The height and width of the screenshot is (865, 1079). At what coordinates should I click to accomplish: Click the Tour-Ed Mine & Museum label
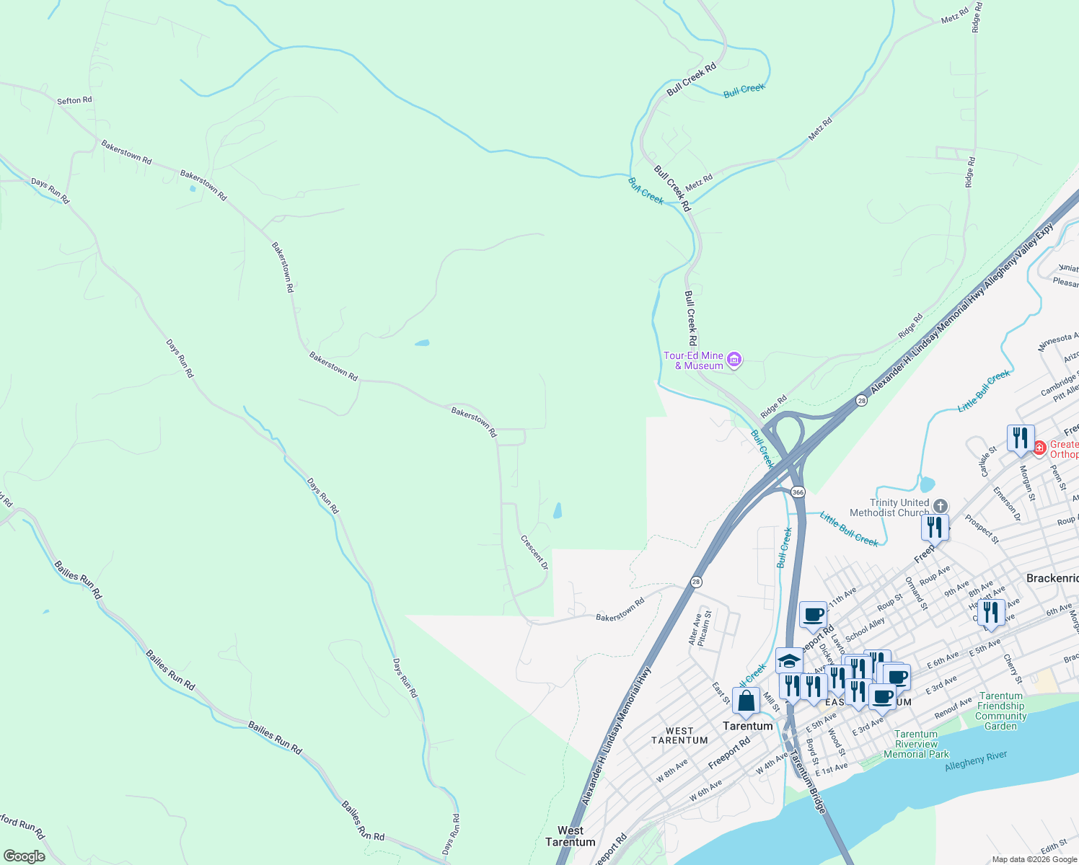pyautogui.click(x=693, y=360)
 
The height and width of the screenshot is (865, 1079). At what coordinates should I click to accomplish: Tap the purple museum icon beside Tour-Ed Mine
pyautogui.click(x=734, y=359)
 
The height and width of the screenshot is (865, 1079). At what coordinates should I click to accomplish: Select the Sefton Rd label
pyautogui.click(x=74, y=100)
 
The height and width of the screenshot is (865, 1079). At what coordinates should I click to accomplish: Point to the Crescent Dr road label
pyautogui.click(x=534, y=552)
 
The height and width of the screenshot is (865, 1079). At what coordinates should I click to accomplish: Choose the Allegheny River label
pyautogui.click(x=975, y=761)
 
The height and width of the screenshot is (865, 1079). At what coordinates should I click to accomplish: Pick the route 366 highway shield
pyautogui.click(x=797, y=492)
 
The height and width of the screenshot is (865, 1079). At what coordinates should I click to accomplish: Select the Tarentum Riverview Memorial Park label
pyautogui.click(x=916, y=744)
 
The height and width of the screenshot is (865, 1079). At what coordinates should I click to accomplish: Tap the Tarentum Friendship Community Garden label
pyautogui.click(x=1000, y=711)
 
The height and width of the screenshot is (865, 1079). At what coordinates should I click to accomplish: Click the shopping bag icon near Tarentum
pyautogui.click(x=746, y=700)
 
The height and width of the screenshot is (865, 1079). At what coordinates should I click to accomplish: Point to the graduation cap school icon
pyautogui.click(x=789, y=661)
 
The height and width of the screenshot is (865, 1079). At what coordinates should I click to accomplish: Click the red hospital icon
pyautogui.click(x=1039, y=448)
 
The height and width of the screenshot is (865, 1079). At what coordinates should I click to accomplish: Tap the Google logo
pyautogui.click(x=24, y=856)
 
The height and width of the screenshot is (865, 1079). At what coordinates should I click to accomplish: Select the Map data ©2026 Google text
pyautogui.click(x=1034, y=859)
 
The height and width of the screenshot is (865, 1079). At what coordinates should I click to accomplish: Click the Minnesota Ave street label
pyautogui.click(x=1054, y=342)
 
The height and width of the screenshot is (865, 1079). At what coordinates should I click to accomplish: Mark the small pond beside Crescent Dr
pyautogui.click(x=557, y=511)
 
